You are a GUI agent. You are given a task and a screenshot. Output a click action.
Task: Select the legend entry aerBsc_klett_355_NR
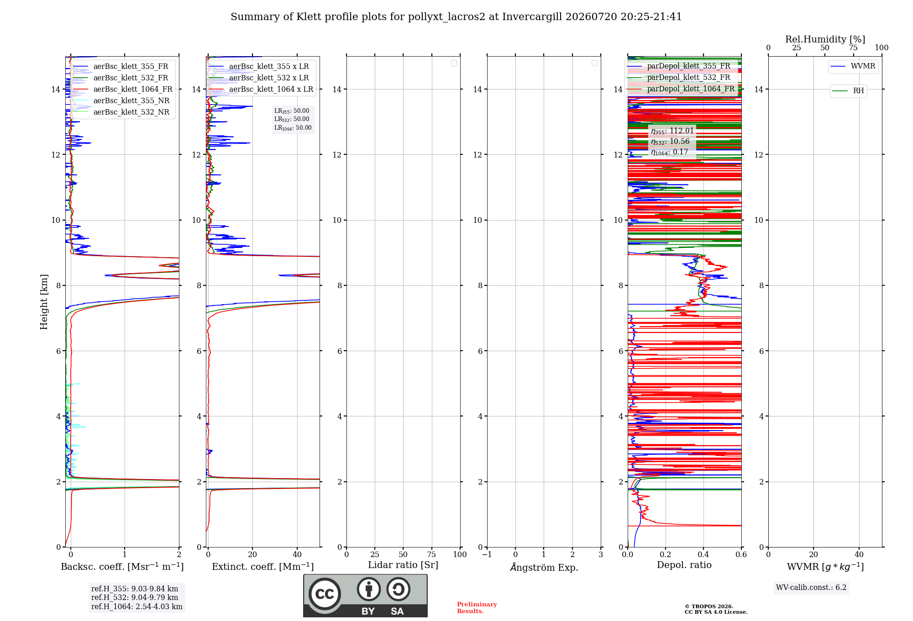click(x=121, y=101)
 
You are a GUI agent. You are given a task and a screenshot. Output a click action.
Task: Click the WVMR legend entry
click(x=853, y=66)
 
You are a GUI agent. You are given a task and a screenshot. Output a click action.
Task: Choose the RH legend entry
click(x=849, y=91)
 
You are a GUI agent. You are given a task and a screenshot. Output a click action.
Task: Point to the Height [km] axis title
click(x=44, y=302)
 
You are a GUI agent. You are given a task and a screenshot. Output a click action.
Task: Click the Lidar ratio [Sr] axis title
click(x=403, y=565)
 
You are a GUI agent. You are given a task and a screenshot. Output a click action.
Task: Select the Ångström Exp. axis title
click(x=544, y=567)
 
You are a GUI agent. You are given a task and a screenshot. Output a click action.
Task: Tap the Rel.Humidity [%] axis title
click(x=825, y=39)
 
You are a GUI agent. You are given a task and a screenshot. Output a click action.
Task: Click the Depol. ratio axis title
click(x=684, y=565)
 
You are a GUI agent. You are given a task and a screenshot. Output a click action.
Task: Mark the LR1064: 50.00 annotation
click(x=293, y=128)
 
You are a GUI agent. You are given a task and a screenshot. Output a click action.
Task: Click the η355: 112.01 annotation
click(x=672, y=131)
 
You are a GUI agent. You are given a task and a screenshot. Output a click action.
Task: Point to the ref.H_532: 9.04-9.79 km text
click(x=135, y=597)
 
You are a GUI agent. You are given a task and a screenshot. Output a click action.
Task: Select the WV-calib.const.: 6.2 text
click(x=811, y=588)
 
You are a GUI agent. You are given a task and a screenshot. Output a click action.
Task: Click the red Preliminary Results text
click(x=477, y=608)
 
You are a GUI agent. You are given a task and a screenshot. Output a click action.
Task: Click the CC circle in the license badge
click(x=325, y=594)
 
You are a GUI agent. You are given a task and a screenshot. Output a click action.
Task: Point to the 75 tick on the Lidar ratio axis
click(x=431, y=554)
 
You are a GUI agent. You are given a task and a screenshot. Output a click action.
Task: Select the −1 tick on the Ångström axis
click(x=487, y=554)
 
